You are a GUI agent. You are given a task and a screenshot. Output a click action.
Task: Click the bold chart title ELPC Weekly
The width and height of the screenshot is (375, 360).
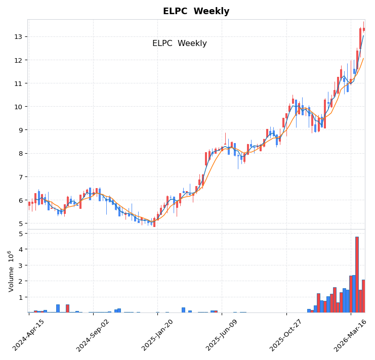(196, 12)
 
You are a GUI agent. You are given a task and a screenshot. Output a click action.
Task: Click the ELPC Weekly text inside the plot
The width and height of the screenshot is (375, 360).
(179, 43)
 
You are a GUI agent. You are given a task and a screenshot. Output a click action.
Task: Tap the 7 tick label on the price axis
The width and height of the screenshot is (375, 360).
(19, 177)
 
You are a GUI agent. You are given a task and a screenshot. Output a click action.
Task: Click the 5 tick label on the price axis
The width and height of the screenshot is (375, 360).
(19, 223)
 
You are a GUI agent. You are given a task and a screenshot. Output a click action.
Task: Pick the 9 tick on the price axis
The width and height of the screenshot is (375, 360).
(19, 130)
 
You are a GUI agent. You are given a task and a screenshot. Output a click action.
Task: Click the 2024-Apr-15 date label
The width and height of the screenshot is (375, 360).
(29, 335)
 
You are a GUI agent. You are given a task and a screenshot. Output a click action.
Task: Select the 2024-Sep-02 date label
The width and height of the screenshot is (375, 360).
(93, 335)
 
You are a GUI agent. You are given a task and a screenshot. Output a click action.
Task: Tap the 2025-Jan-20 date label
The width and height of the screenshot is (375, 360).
(157, 335)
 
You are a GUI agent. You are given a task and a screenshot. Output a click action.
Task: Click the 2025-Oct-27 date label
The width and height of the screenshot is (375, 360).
(286, 335)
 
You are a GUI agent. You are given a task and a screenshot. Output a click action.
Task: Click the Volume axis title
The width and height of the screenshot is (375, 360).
(11, 271)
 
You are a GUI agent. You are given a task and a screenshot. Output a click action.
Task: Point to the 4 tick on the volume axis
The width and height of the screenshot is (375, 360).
(20, 249)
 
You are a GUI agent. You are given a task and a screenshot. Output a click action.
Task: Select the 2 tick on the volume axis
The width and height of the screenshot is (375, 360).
(20, 281)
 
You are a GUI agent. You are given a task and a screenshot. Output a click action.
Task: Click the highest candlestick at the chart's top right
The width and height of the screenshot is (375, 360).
(363, 29)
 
